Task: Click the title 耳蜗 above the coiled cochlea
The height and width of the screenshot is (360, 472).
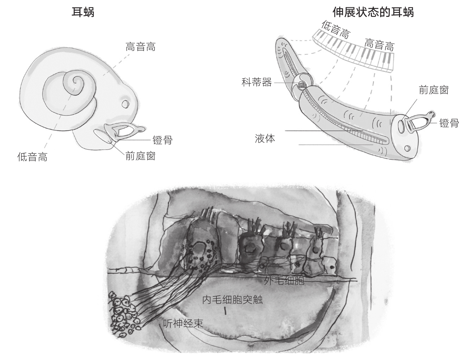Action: pos(83,13)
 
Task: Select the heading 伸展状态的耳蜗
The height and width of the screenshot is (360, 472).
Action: pos(373,12)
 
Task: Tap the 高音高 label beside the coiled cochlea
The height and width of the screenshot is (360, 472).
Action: pos(140,47)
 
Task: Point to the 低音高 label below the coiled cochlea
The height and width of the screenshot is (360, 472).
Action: pos(32,157)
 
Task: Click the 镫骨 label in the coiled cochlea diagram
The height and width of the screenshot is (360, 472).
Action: pos(163,140)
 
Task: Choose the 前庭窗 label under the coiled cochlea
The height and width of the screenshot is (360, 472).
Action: pos(140,156)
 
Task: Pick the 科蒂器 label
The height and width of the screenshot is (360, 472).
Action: pos(257,83)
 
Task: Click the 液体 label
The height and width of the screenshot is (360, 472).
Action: pos(265,138)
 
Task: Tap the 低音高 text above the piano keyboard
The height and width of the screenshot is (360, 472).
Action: pos(336,30)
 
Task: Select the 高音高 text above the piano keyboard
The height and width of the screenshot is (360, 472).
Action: pos(379,45)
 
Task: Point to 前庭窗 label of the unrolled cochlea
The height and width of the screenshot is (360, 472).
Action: pos(434,90)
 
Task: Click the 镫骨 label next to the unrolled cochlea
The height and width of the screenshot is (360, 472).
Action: pos(449,123)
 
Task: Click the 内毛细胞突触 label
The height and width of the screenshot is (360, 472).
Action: pos(232,300)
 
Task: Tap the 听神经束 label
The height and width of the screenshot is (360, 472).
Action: pos(183,323)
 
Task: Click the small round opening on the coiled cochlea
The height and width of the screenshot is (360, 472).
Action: pos(125,104)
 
